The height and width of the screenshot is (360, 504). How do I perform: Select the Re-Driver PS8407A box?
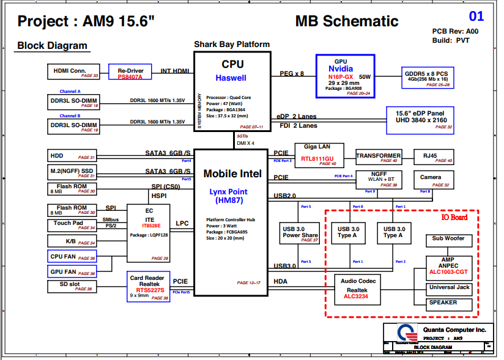pyautogui.click(x=130, y=72)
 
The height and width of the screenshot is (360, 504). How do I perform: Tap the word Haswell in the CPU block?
pyautogui.click(x=231, y=78)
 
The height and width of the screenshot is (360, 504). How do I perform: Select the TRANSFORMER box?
pyautogui.click(x=379, y=157)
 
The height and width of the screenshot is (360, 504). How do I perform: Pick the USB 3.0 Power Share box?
pyautogui.click(x=300, y=233)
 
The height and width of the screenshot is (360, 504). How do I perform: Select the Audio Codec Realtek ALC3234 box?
pyautogui.click(x=358, y=289)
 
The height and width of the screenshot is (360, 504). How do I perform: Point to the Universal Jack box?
pyautogui.click(x=450, y=288)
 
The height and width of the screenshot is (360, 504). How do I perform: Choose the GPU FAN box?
pyautogui.click(x=72, y=271)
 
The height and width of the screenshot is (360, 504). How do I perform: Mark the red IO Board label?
pyautogui.click(x=454, y=218)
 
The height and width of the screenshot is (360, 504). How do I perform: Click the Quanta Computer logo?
pyautogui.click(x=403, y=332)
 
